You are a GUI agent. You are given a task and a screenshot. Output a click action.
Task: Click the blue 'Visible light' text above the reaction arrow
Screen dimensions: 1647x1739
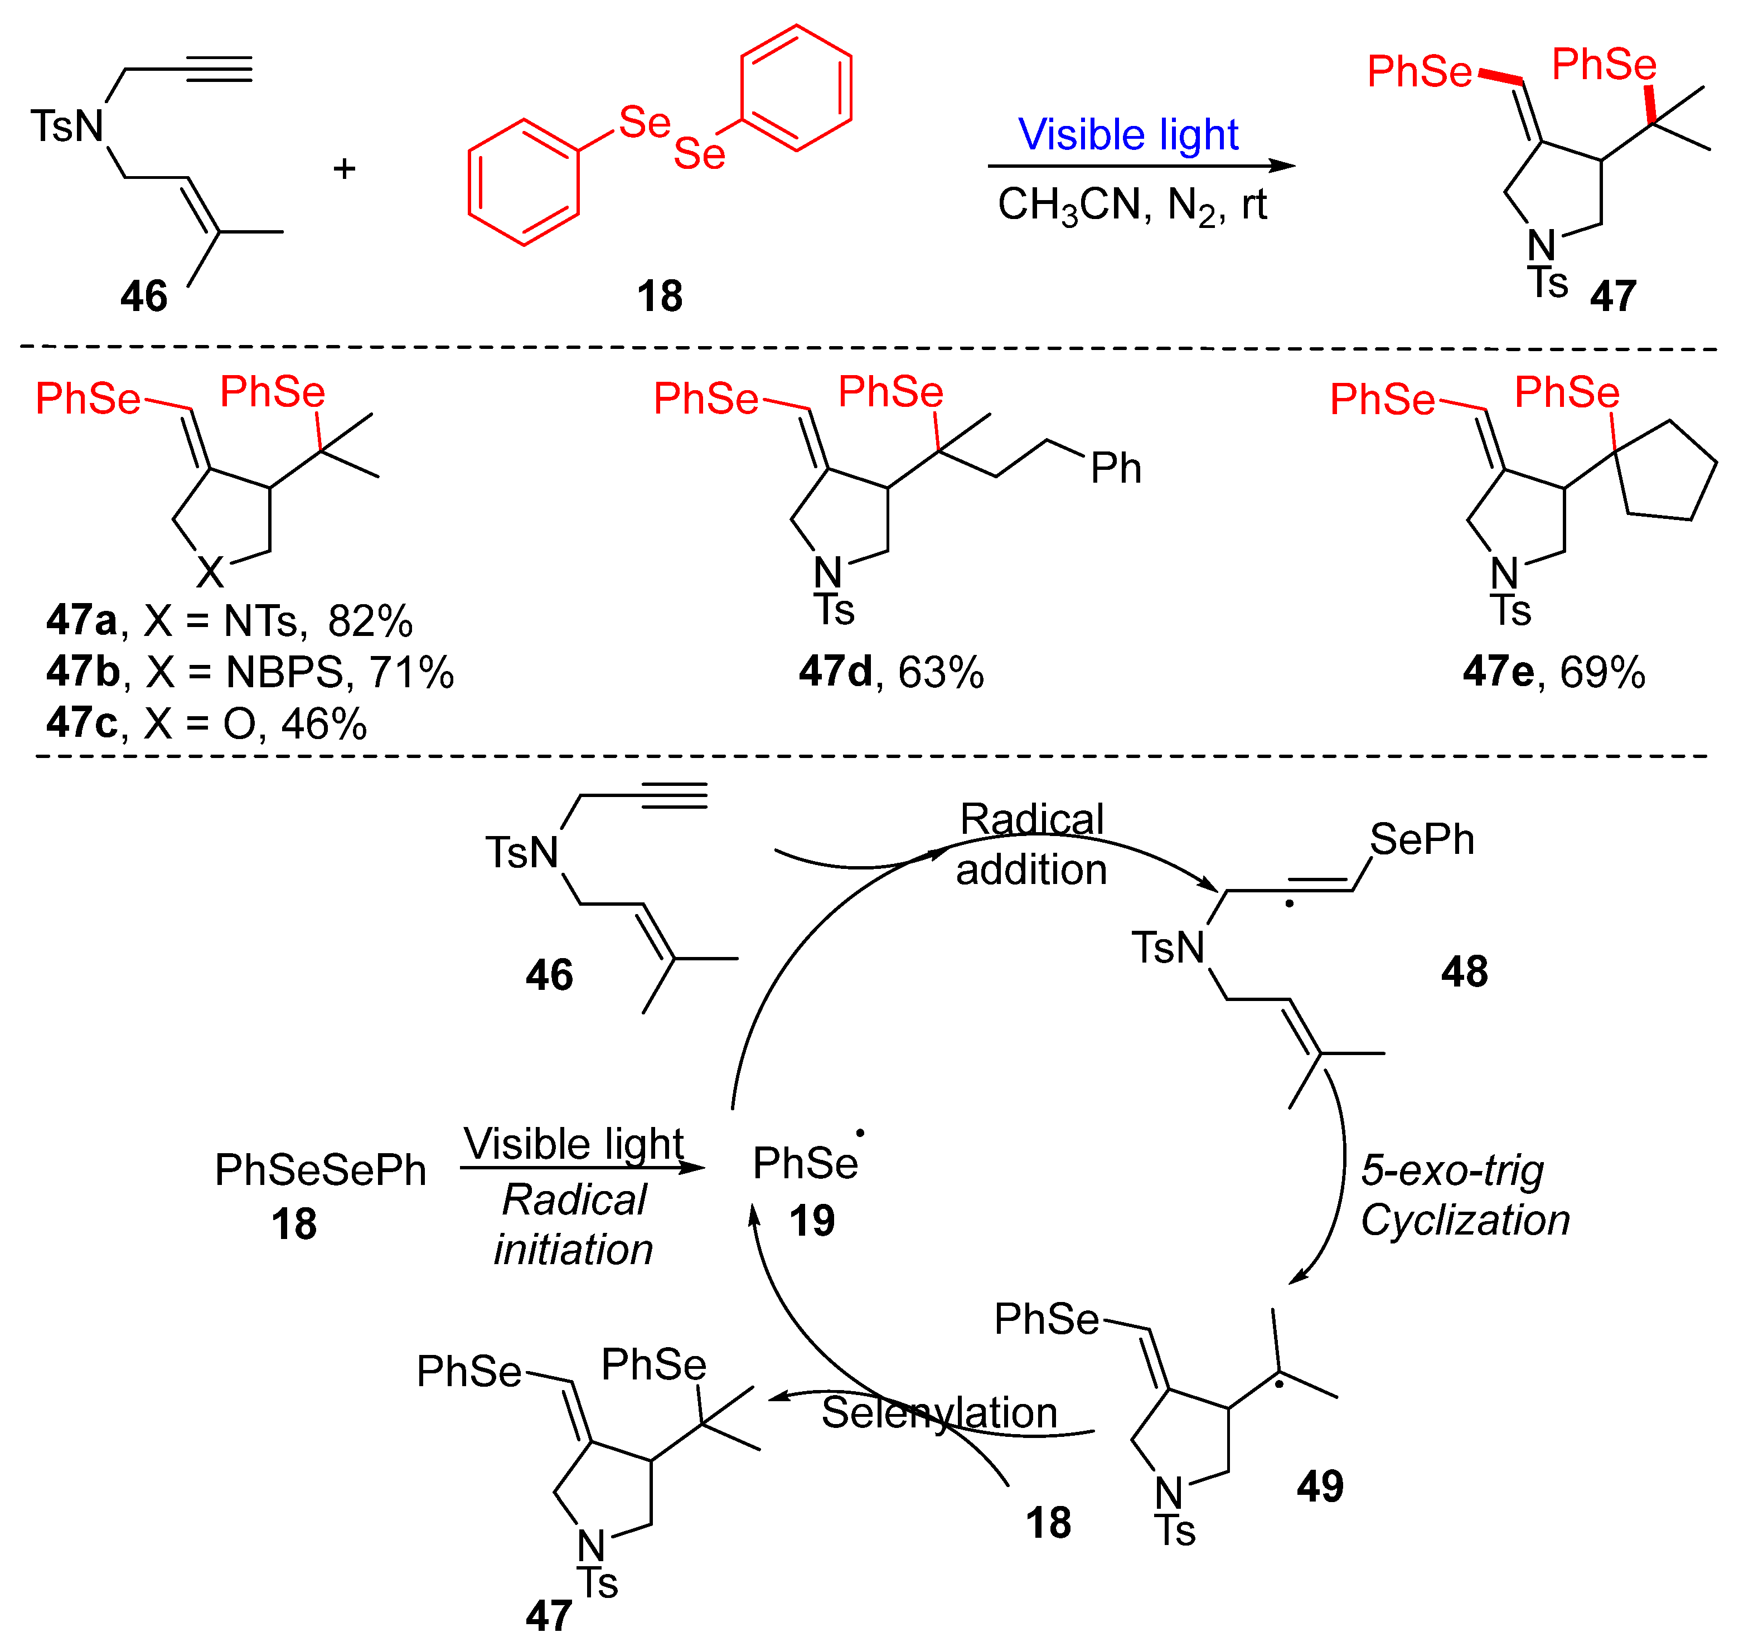point(1128,135)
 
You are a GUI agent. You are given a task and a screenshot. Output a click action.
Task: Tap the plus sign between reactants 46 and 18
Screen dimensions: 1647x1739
point(344,168)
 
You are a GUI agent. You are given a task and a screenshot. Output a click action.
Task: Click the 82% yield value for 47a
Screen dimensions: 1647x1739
point(370,621)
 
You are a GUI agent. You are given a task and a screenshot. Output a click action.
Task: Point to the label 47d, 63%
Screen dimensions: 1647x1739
point(890,673)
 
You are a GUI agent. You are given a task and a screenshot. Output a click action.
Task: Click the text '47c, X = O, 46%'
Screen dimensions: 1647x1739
point(206,725)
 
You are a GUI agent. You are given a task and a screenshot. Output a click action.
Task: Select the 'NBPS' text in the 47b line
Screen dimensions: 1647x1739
point(284,673)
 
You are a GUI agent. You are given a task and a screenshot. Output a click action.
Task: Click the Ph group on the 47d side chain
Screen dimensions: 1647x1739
point(1116,469)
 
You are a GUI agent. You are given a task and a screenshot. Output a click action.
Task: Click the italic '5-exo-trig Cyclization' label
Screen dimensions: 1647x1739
point(1464,1195)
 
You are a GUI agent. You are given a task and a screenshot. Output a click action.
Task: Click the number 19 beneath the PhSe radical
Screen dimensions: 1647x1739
point(812,1221)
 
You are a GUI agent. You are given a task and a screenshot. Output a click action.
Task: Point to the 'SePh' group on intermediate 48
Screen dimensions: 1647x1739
point(1422,839)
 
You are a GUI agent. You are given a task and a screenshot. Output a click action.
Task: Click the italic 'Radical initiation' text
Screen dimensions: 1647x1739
point(574,1225)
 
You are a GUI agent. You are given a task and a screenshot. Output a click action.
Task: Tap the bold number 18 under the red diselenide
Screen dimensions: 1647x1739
point(660,297)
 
